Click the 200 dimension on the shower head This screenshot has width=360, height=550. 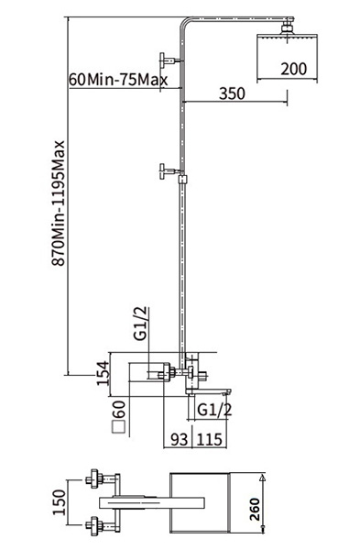pos(294,69)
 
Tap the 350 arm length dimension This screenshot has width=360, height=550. pos(232,93)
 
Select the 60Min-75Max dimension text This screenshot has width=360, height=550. pos(118,80)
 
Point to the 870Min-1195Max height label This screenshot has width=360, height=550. pos(59,203)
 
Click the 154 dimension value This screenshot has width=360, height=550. pos(104,373)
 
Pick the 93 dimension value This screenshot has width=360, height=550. pos(180,439)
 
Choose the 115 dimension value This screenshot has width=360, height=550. pos(209,439)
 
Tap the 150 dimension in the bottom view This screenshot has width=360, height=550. pos(59,502)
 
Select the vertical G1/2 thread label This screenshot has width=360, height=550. pos(140,324)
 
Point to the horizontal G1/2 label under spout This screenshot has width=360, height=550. pos(214,410)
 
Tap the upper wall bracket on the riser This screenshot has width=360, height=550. pos(170,60)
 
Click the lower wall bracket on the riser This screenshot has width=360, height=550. pos(170,171)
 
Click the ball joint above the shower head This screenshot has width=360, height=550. pos(287,27)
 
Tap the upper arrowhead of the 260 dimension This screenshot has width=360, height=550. pos(261,478)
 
